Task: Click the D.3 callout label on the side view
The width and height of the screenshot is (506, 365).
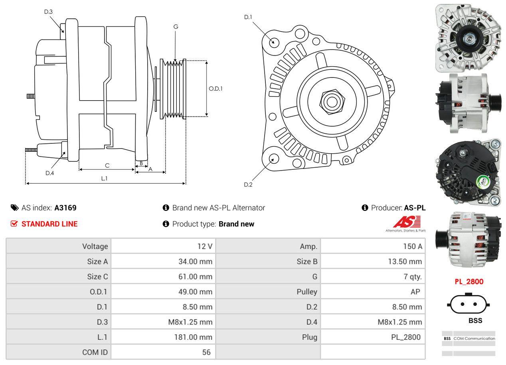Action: (48, 12)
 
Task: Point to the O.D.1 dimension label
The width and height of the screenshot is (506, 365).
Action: (215, 89)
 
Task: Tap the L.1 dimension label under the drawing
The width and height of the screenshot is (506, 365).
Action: (104, 179)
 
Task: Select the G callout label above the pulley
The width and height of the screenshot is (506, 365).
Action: (176, 27)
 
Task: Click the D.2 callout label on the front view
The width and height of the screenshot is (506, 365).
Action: (248, 184)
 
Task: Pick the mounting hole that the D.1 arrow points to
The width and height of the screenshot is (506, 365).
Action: (274, 42)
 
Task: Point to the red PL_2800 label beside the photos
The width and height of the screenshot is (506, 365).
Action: (469, 282)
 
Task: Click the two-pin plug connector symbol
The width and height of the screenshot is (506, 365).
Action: (469, 304)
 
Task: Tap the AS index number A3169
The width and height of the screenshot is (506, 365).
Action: (65, 208)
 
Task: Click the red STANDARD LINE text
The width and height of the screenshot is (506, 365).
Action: (49, 224)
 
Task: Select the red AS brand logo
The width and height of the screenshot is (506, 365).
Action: (407, 222)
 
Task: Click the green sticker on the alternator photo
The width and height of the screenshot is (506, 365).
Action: (484, 182)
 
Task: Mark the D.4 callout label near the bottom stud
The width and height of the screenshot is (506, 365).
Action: (49, 173)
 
